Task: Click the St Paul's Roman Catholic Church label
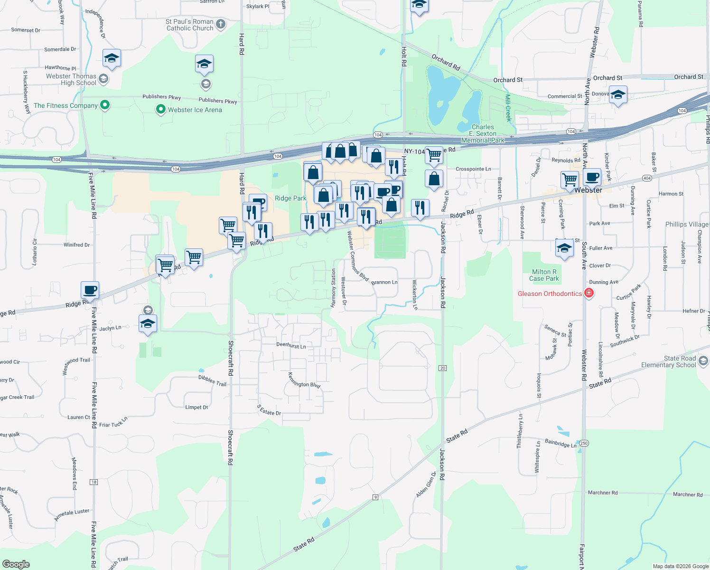point(190,25)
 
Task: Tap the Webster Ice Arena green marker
point(160,110)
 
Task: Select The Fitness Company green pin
point(105,105)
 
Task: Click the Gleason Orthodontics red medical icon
point(589,293)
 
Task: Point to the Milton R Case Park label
point(544,275)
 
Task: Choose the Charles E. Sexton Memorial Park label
point(483,133)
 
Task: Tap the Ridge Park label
point(290,198)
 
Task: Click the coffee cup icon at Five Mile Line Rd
point(90,290)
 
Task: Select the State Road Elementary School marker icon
point(703,361)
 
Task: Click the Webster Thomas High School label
point(71,79)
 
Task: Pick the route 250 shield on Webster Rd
point(584,443)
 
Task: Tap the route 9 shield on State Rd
point(375,497)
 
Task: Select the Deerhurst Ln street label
point(291,345)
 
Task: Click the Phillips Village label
point(686,224)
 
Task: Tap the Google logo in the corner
point(16,564)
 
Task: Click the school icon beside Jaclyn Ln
point(148,323)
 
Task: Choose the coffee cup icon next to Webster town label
point(592,177)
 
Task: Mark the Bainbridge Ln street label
point(561,444)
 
